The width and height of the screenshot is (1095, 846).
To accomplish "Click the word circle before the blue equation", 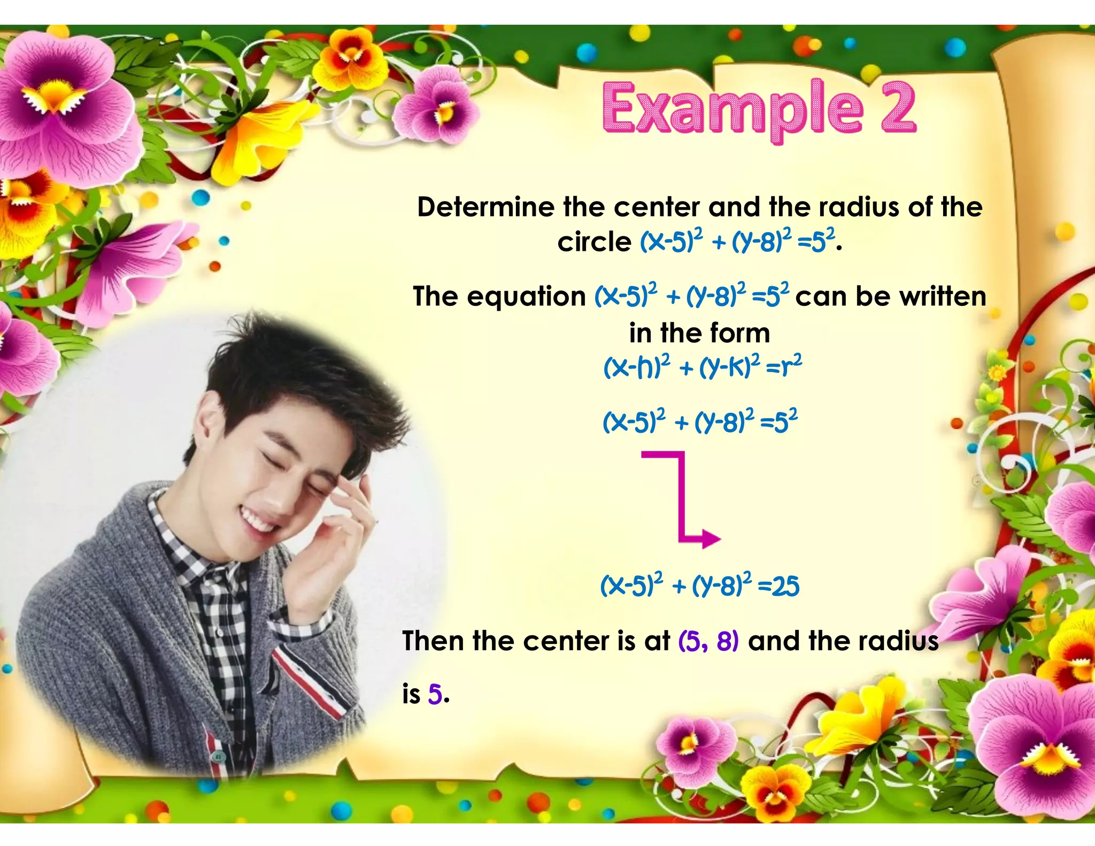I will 594,242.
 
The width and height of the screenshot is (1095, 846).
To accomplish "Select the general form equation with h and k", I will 702,367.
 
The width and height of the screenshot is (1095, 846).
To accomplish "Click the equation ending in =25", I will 699,586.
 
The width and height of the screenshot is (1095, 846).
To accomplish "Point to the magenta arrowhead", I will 711,539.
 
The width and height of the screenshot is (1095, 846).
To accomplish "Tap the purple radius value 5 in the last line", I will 435,695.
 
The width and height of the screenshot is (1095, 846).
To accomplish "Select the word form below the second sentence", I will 740,333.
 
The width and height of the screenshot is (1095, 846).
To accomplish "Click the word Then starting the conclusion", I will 433,641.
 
